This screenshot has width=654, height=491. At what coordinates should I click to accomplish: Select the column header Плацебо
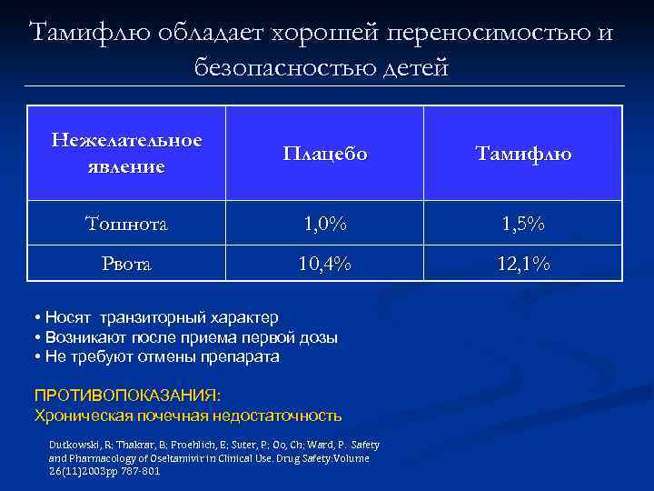(x=324, y=154)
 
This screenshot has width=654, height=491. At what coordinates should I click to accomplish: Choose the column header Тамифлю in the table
(x=523, y=154)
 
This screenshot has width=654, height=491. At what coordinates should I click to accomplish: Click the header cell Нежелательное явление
(x=126, y=153)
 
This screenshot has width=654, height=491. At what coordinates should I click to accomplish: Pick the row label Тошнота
(x=126, y=223)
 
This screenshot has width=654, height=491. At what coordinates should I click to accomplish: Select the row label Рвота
(x=126, y=264)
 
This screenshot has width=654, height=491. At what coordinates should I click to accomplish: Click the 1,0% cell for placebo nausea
(x=324, y=223)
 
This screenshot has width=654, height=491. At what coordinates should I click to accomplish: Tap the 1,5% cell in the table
(x=523, y=223)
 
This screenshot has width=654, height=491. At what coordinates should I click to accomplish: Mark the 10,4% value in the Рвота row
(x=324, y=264)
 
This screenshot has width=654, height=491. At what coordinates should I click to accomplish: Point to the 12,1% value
(x=523, y=264)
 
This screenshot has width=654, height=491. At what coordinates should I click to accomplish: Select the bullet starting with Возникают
(x=185, y=337)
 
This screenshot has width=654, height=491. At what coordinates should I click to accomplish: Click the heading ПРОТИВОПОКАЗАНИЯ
(x=126, y=396)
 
